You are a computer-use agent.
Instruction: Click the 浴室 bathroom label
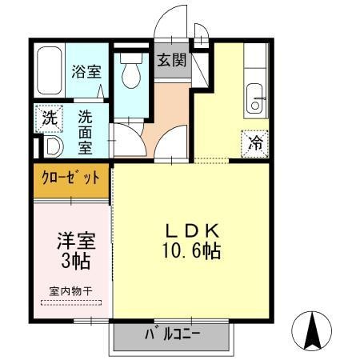[x=85, y=70]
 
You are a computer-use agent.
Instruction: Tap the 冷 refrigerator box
[x=256, y=144]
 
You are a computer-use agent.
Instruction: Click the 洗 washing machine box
[x=50, y=118]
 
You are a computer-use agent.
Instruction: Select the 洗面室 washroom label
[x=86, y=131]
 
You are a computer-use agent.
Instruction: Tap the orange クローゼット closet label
[x=71, y=178]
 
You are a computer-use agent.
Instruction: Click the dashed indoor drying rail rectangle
[x=70, y=302]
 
